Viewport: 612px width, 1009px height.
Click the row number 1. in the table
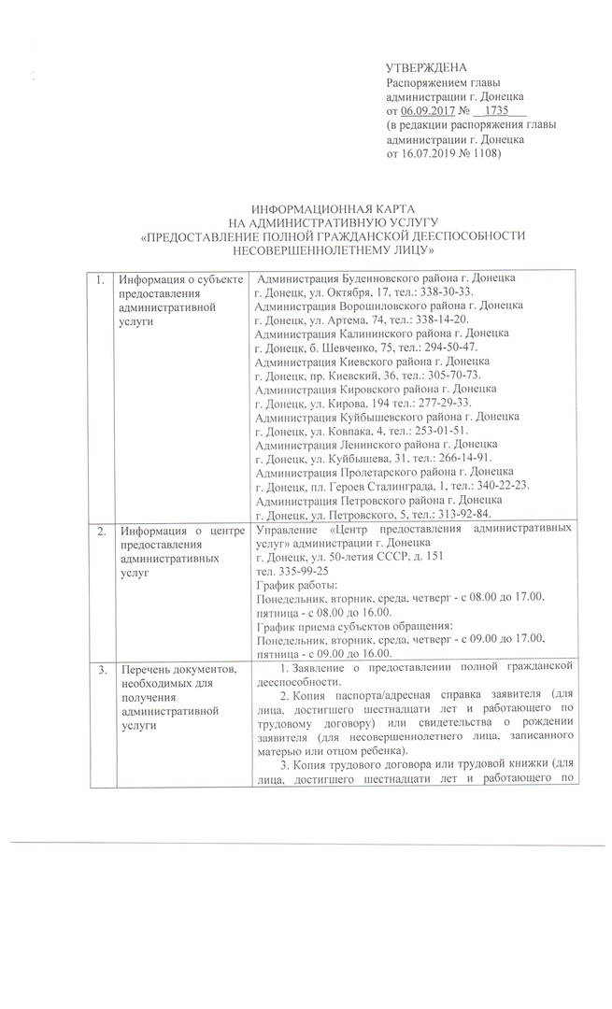tap(98, 279)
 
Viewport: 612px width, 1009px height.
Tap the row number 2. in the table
tap(98, 530)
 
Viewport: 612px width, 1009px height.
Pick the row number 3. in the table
tap(98, 668)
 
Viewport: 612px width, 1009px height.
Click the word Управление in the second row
tap(286, 530)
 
